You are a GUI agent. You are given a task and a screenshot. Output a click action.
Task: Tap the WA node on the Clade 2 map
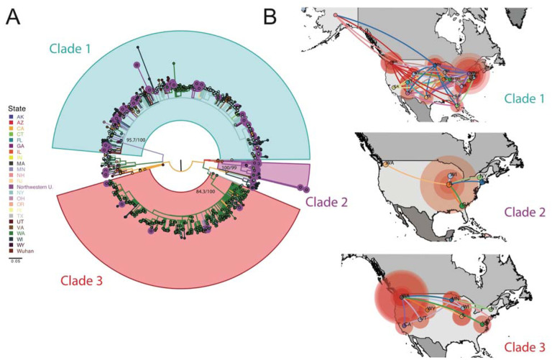pyautogui.click(x=389, y=163)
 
